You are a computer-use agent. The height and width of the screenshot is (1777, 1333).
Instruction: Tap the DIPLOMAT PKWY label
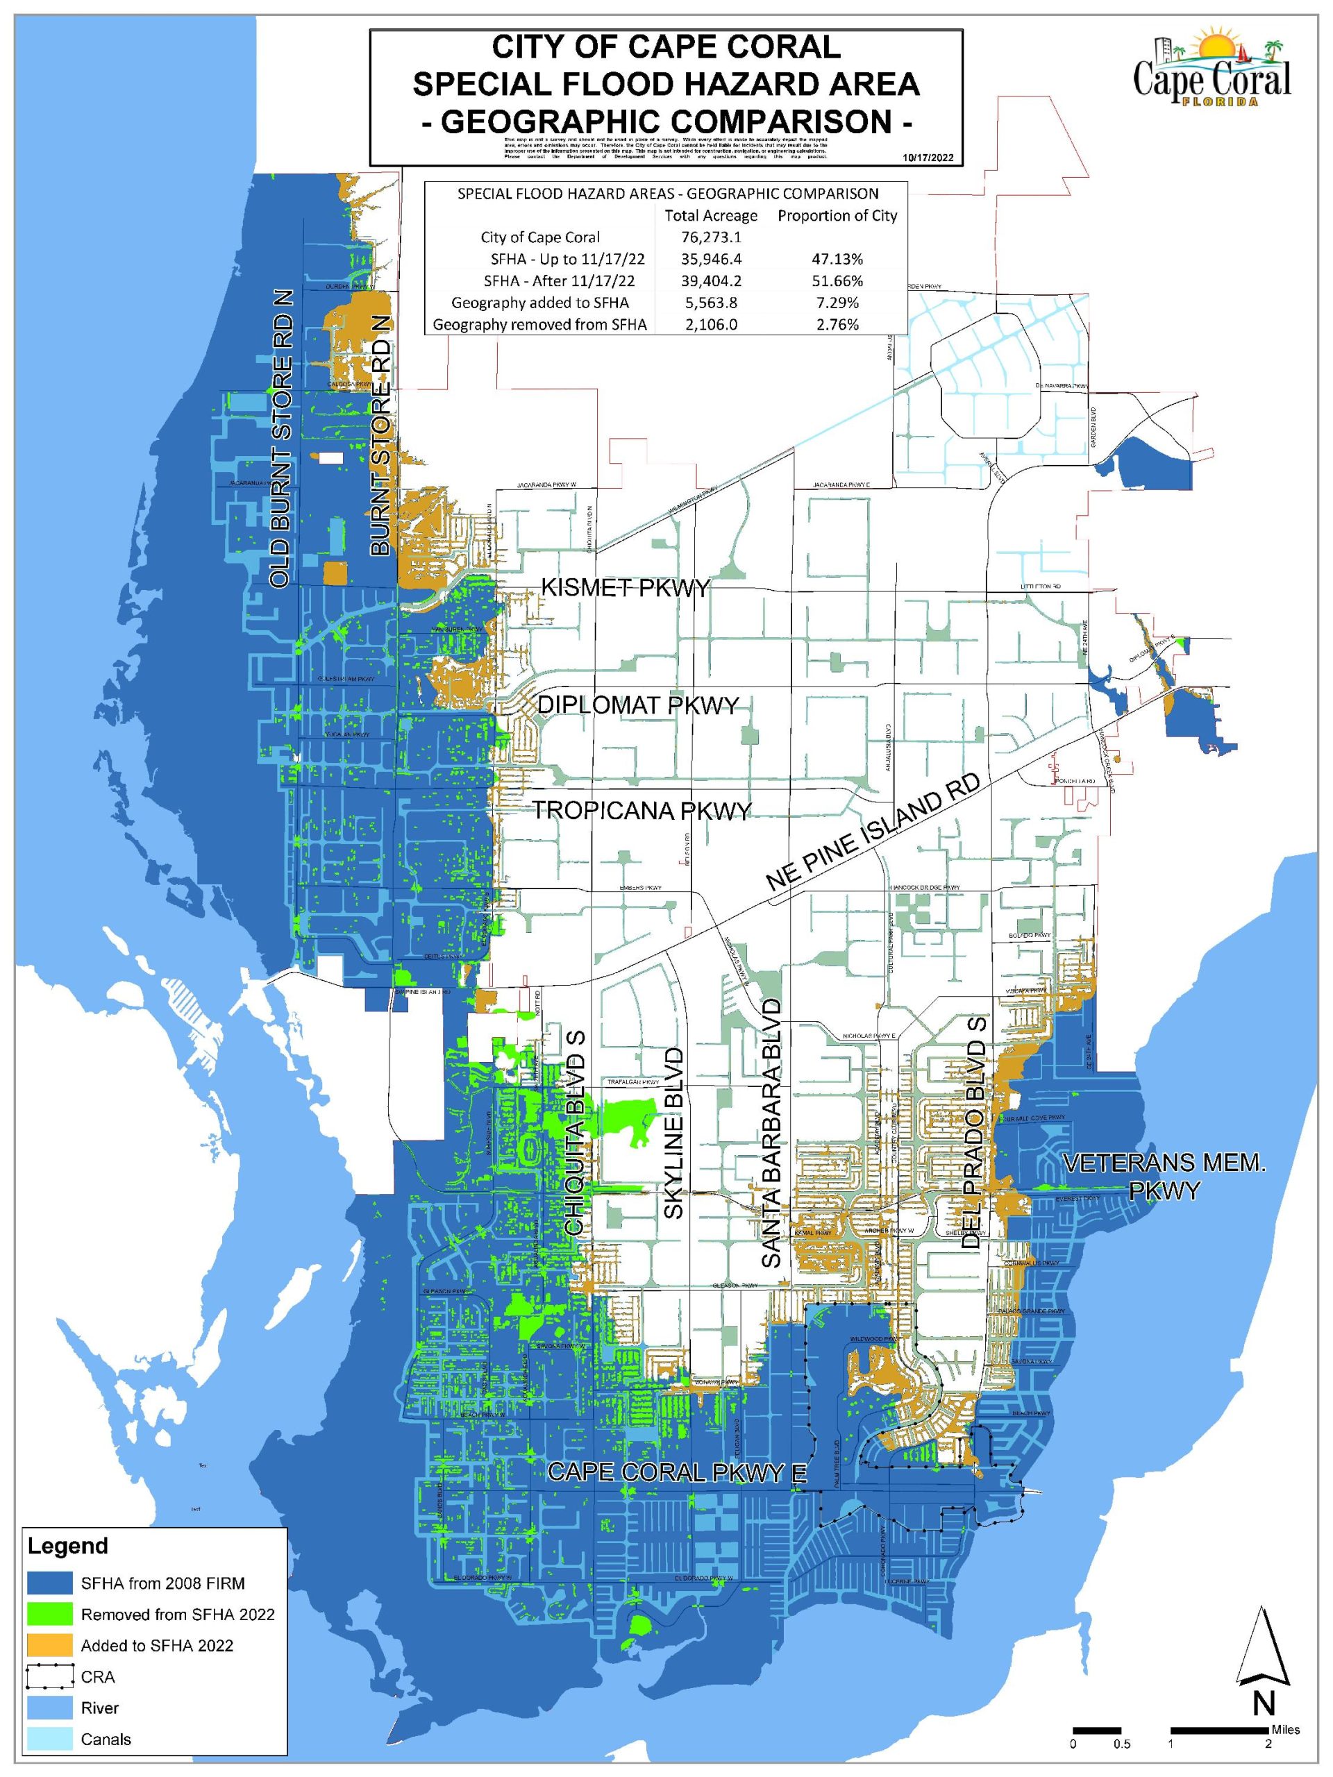[637, 705]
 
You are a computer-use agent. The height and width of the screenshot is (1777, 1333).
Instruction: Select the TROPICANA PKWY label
[643, 810]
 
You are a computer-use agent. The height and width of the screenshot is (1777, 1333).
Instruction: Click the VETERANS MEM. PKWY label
[1164, 1176]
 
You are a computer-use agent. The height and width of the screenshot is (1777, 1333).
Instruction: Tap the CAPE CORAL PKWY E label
[676, 1472]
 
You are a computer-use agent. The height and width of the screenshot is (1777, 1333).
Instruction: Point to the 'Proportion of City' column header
[837, 215]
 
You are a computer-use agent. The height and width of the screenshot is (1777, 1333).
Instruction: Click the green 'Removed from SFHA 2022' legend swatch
[50, 1615]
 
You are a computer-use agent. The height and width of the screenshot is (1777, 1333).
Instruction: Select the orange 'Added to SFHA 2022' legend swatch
[50, 1645]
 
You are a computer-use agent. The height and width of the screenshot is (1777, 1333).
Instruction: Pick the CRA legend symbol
[50, 1676]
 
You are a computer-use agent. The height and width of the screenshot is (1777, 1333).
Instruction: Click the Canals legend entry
[106, 1740]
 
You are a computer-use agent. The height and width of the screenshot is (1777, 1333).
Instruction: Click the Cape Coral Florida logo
[1212, 71]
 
